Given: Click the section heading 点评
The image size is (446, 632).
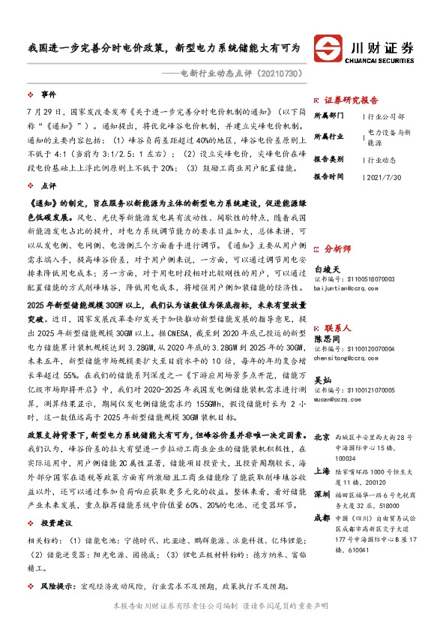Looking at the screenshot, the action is (x=48, y=185).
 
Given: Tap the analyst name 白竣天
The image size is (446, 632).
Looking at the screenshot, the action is (x=327, y=268).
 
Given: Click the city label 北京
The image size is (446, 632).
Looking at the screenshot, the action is (x=322, y=437).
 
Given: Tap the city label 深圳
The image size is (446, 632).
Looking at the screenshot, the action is (x=322, y=495).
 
